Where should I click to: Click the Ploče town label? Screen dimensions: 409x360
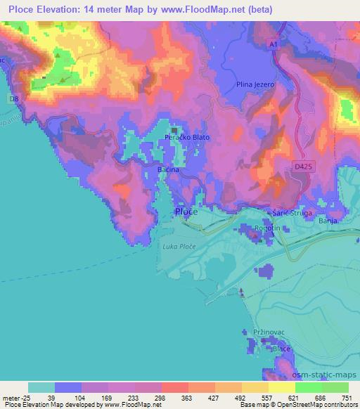click(186, 212)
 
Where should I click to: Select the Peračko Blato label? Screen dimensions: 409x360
click(187, 136)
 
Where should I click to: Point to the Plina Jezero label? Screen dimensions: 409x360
click(255, 84)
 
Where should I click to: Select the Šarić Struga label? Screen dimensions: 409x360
click(289, 212)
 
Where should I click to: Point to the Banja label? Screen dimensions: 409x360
click(328, 221)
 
